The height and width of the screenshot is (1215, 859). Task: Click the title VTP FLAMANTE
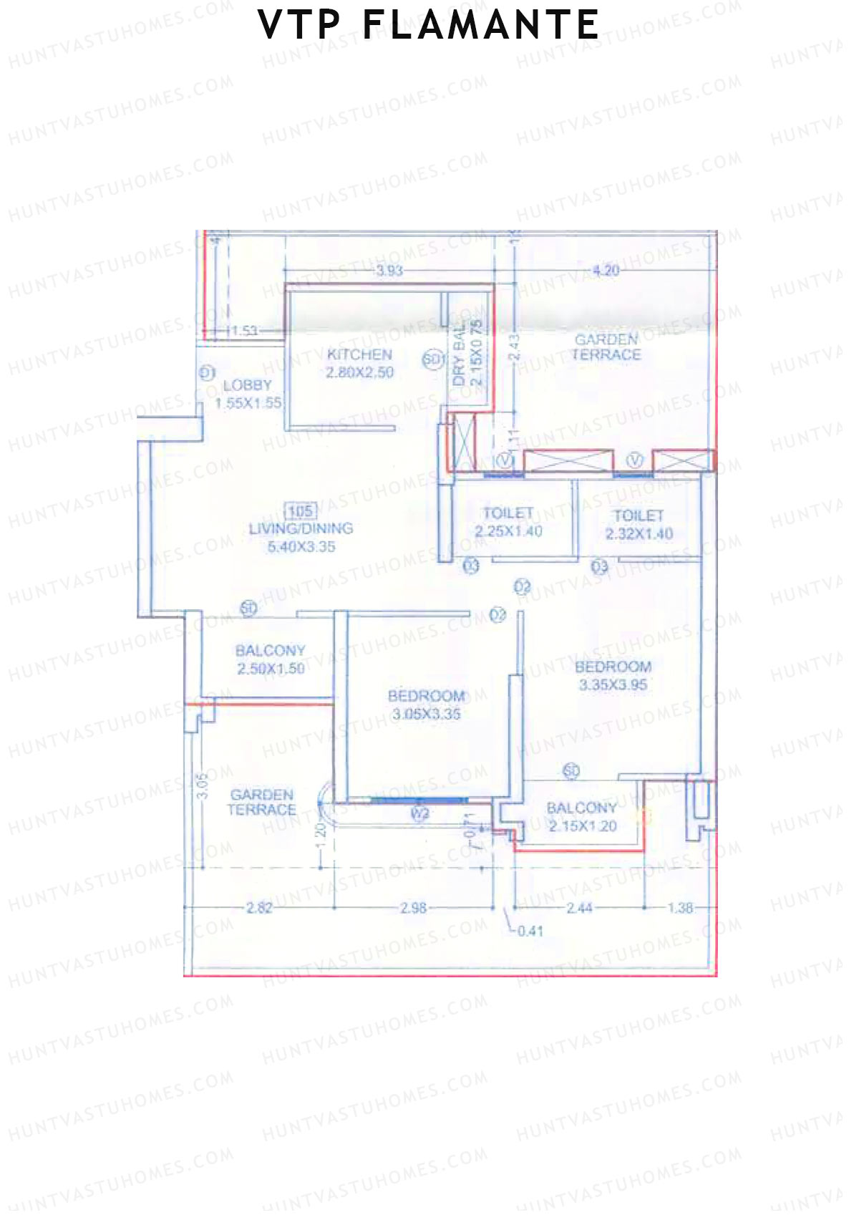(428, 26)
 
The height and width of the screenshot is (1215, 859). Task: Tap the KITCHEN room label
(359, 354)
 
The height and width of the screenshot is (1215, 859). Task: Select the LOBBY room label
(247, 385)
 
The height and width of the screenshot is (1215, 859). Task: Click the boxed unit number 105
(300, 510)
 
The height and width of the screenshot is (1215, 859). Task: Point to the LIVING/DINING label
(301, 528)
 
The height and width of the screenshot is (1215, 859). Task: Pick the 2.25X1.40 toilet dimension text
(508, 531)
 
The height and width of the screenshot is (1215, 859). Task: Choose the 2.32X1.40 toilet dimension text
(639, 533)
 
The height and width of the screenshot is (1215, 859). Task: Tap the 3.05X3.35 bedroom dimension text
(427, 714)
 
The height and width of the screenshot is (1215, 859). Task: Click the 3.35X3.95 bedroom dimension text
(613, 684)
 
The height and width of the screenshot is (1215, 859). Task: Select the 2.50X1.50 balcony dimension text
(271, 669)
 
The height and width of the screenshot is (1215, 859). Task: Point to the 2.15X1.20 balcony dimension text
(582, 826)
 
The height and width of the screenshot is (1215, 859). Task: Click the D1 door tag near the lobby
(207, 372)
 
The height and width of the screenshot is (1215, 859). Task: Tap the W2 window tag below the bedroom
(420, 813)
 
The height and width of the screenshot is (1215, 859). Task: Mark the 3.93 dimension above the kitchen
(389, 271)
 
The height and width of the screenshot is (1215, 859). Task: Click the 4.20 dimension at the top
(606, 271)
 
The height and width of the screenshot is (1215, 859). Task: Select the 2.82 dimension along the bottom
(259, 908)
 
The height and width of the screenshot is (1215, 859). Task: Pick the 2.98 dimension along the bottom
(413, 908)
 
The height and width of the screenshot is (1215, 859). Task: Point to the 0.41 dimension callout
(530, 931)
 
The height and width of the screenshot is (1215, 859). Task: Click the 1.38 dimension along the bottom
(680, 908)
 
